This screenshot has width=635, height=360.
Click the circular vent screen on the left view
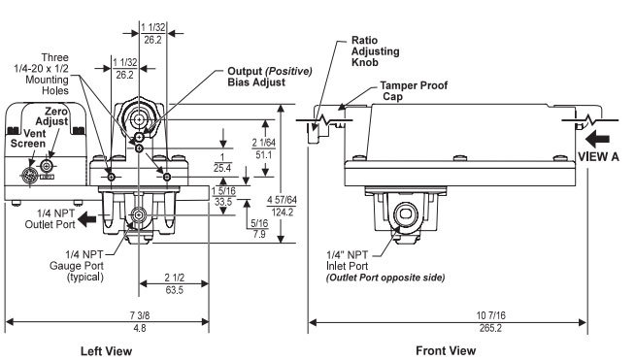[32, 177]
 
